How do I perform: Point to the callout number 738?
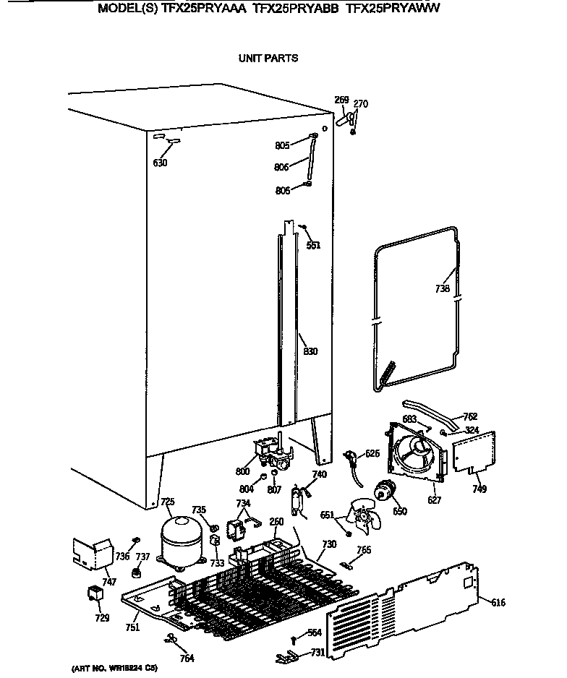(443, 289)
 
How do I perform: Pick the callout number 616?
(498, 602)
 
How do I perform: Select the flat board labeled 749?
(474, 452)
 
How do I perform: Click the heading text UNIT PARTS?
(268, 58)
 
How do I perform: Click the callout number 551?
(312, 245)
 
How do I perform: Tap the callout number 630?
(160, 163)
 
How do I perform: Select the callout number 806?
(282, 168)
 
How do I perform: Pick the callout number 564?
(314, 633)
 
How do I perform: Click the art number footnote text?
(114, 668)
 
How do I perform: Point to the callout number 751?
(132, 627)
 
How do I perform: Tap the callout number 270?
(360, 104)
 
